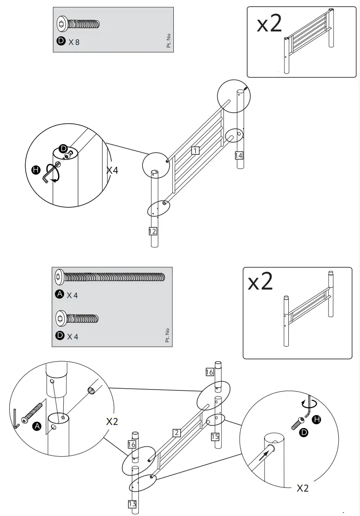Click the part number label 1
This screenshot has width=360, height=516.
coord(195,151)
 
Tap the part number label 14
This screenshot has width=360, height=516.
coord(239,155)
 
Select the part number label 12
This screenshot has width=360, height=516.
coord(153,231)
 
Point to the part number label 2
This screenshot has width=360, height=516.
coord(177,433)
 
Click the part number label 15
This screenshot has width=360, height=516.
coord(215,437)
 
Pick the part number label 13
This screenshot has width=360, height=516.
coord(132,504)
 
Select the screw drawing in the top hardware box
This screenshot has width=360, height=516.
coord(79,24)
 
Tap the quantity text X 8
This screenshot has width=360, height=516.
coord(74,42)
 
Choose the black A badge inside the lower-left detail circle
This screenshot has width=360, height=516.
coord(37,426)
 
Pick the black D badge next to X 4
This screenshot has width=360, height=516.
coord(60,336)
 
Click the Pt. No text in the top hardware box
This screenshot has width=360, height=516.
coord(169,40)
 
